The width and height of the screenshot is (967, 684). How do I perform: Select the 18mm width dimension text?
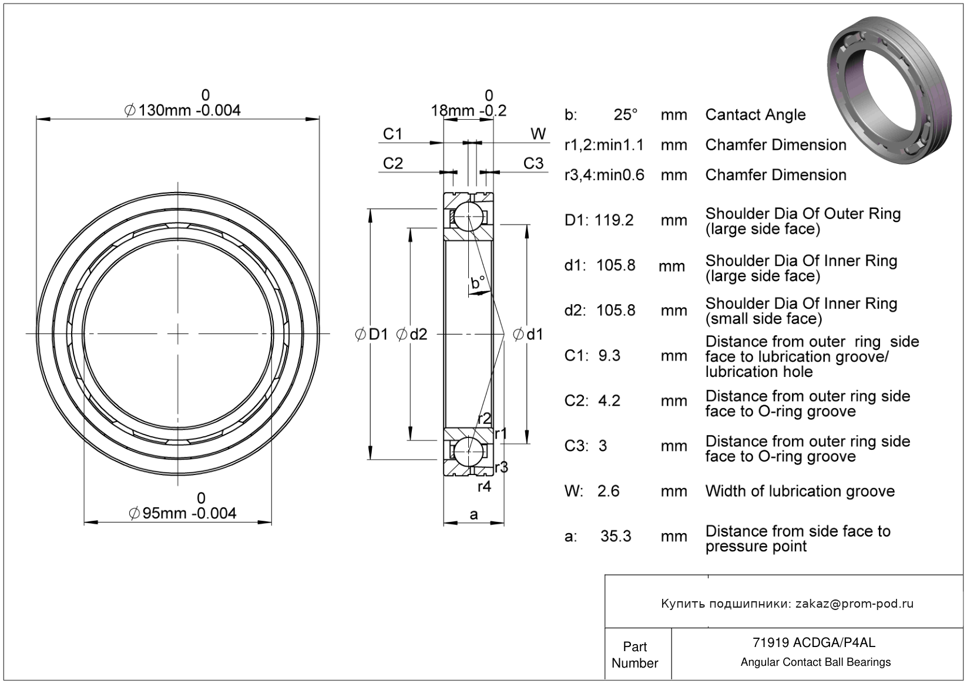pyautogui.click(x=468, y=110)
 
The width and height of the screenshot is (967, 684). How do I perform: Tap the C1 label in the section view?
pyautogui.click(x=392, y=134)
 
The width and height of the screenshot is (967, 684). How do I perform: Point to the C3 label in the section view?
pyautogui.click(x=533, y=163)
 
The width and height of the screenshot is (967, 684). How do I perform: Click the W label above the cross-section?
pyautogui.click(x=538, y=134)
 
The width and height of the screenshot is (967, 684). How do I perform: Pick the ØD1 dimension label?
pyautogui.click(x=372, y=335)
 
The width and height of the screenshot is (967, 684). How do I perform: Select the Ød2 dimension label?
pyautogui.click(x=412, y=335)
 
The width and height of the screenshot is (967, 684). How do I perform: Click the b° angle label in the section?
pyautogui.click(x=478, y=283)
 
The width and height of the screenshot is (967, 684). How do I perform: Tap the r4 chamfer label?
pyautogui.click(x=484, y=486)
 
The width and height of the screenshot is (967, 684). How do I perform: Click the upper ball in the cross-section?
pyautogui.click(x=469, y=217)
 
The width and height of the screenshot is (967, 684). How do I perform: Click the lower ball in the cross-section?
pyautogui.click(x=469, y=451)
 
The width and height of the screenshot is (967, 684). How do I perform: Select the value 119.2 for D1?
pyautogui.click(x=614, y=220)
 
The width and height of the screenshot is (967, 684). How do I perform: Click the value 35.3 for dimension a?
pyautogui.click(x=616, y=536)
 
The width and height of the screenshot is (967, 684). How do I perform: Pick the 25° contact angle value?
pyautogui.click(x=626, y=114)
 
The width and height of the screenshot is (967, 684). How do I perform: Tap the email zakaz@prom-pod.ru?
pyautogui.click(x=854, y=604)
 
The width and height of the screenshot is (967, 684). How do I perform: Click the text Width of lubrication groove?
pyautogui.click(x=800, y=491)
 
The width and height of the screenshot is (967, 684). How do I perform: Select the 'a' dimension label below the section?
pyautogui.click(x=474, y=515)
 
